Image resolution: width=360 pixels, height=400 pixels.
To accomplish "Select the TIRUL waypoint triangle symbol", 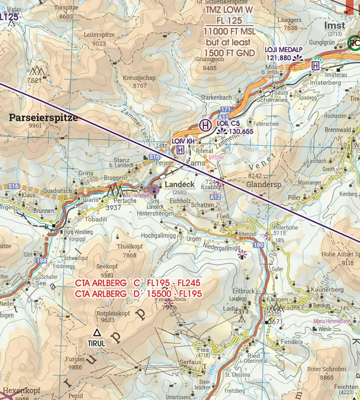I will click(96, 332).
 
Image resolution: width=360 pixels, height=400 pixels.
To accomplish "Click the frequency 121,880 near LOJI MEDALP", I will click(278, 58).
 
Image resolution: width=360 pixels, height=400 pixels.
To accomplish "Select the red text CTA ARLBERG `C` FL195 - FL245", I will click(138, 283).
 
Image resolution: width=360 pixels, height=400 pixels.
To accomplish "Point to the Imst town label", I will click(334, 25).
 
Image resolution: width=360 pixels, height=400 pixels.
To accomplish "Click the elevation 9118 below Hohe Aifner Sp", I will click(347, 263).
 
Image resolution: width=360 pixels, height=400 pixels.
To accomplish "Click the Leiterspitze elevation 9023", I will click(99, 44).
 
